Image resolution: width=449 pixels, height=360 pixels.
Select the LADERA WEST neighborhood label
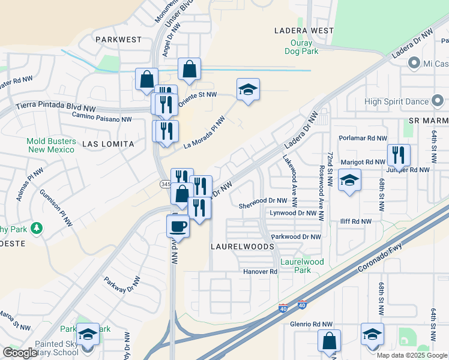click(x=304, y=30)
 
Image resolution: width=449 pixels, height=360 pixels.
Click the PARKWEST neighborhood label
click(x=118, y=40)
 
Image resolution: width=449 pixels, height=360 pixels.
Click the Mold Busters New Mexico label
click(x=50, y=145)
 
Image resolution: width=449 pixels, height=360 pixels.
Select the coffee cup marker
click(x=178, y=226)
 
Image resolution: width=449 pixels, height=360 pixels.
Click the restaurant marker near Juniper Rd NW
click(x=399, y=155)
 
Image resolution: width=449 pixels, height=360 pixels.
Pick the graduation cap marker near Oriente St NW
click(x=249, y=90)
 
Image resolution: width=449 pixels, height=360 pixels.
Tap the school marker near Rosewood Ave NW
click(x=349, y=180)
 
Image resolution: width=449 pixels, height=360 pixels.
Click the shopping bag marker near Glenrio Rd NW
click(x=329, y=341)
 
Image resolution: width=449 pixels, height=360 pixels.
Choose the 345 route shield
click(x=164, y=184)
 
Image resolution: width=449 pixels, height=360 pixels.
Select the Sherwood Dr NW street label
click(x=263, y=201)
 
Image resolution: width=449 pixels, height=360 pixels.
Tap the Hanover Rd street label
click(x=260, y=272)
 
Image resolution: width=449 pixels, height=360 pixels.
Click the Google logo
click(x=20, y=353)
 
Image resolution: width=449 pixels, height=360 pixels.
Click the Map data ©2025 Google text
click(x=411, y=355)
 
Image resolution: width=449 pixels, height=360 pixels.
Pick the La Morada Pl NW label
click(x=204, y=131)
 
